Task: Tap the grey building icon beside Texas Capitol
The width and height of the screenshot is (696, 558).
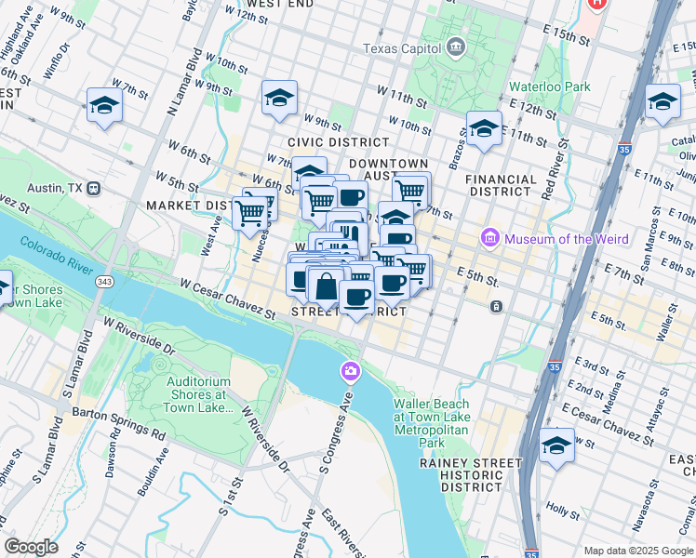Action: coord(456,46)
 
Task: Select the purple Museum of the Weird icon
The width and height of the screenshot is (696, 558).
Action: coord(490,239)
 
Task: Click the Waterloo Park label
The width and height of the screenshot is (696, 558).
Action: coord(549,86)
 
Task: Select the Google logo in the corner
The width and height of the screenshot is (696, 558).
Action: coord(31,547)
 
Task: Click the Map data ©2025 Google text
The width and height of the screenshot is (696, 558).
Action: coord(637,551)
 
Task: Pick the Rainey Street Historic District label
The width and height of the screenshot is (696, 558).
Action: coord(471,474)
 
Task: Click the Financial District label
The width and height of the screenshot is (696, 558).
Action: coord(502,185)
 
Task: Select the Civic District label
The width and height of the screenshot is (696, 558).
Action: coord(338,142)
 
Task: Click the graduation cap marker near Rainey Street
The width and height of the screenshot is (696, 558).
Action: coord(556,446)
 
